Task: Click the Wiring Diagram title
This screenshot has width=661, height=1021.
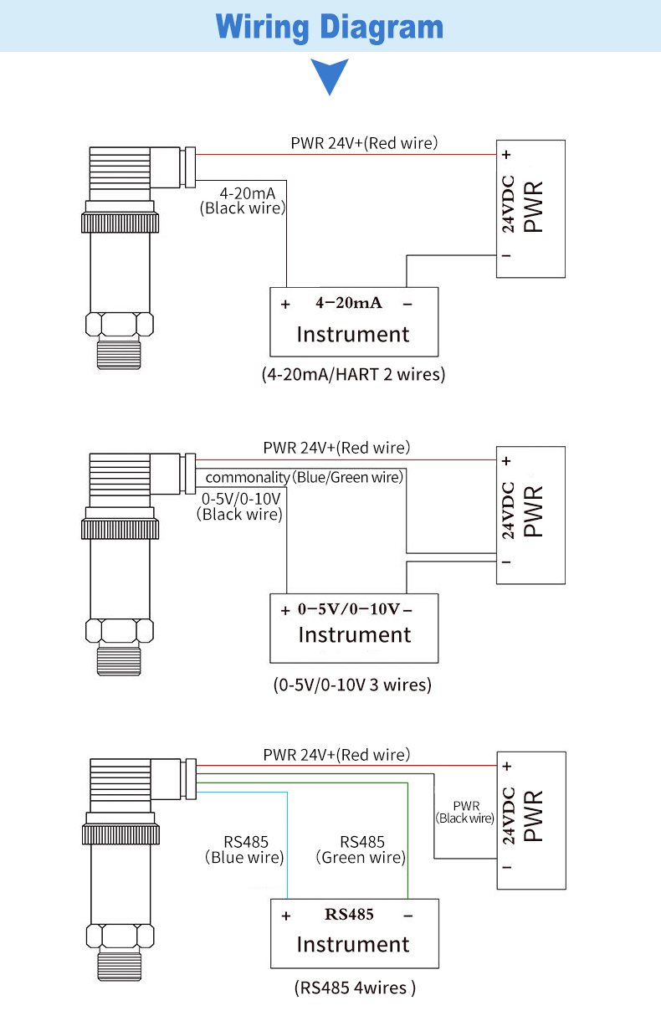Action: [330, 27]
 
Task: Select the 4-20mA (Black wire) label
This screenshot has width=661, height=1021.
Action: [243, 201]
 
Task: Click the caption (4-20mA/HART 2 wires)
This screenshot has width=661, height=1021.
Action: [353, 374]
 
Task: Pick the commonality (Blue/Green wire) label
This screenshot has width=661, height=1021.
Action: [304, 477]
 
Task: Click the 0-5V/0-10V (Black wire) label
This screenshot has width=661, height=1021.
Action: [240, 506]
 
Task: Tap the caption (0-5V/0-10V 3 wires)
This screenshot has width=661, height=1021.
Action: [352, 685]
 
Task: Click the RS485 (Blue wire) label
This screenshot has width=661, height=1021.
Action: [245, 849]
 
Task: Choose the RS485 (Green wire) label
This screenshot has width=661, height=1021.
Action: [361, 849]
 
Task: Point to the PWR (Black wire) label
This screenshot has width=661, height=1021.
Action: [465, 812]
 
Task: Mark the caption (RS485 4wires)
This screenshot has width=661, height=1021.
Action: [355, 988]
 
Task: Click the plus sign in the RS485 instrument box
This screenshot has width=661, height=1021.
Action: [286, 916]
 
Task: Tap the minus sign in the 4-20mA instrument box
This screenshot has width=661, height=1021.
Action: [407, 304]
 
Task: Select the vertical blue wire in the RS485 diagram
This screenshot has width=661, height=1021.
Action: [287, 845]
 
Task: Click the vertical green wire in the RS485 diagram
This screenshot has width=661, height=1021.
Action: [407, 841]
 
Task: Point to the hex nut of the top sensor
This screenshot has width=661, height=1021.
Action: [120, 324]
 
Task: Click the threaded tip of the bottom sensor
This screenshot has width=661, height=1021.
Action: [120, 965]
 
